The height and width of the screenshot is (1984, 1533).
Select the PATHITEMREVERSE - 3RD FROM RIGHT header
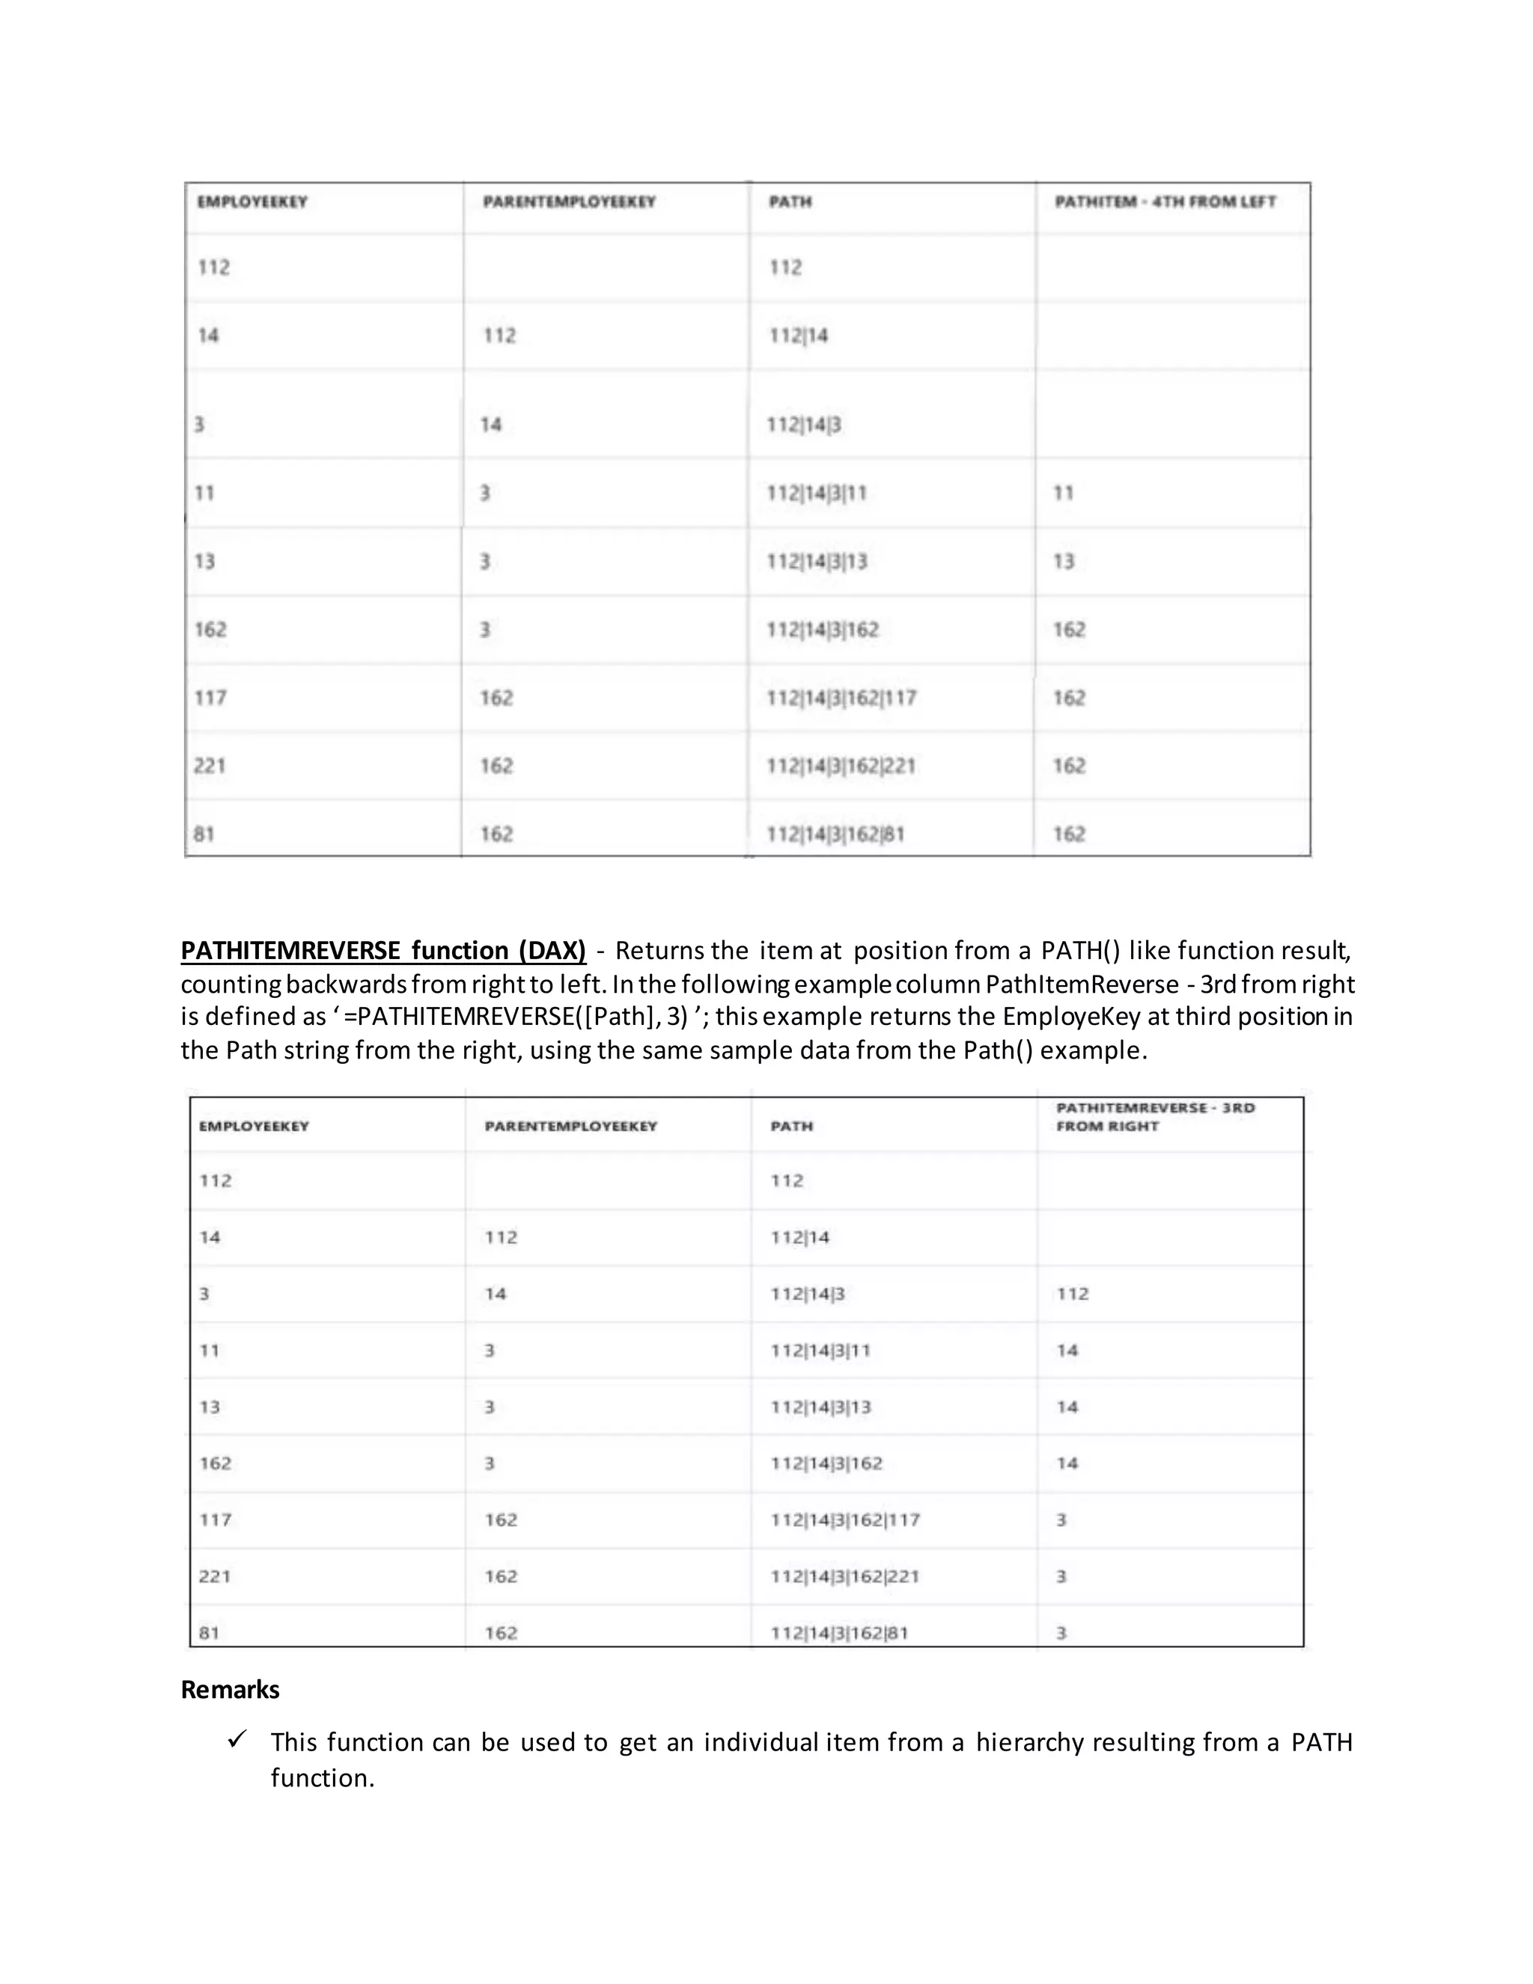click(1154, 1116)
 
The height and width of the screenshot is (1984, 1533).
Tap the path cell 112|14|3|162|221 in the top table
click(841, 766)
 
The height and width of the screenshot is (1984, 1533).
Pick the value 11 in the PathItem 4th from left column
click(1063, 493)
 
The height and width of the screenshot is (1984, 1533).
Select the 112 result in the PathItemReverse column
click(1072, 1294)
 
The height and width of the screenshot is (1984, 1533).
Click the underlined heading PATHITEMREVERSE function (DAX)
click(383, 950)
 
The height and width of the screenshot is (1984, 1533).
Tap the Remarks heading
click(230, 1690)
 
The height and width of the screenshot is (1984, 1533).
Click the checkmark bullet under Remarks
click(237, 1740)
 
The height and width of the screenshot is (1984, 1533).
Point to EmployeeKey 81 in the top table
click(204, 834)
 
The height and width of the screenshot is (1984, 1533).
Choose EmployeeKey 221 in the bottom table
click(216, 1576)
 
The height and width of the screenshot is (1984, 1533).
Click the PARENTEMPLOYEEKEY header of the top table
click(569, 201)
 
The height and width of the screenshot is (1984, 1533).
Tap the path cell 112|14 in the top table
click(798, 335)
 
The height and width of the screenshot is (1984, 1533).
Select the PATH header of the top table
click(790, 201)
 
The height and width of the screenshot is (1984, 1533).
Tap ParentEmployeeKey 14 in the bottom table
click(495, 1294)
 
